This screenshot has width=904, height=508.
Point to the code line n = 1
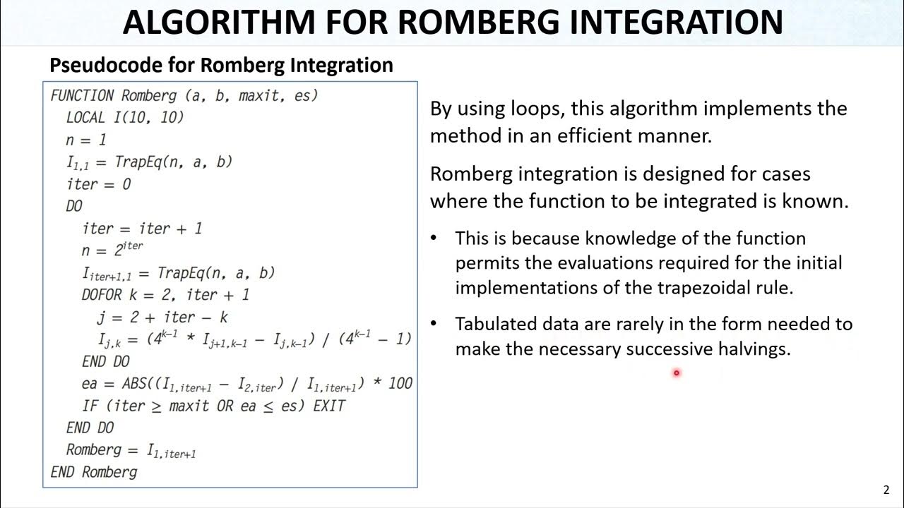[x=86, y=140]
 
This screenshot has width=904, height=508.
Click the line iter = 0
[x=98, y=184]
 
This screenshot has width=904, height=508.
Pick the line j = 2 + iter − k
[x=162, y=317]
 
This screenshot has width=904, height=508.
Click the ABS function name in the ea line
[x=134, y=384]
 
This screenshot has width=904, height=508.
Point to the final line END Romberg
[x=94, y=471]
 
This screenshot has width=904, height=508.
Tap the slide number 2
[x=886, y=490]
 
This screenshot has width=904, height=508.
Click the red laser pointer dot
[x=676, y=373]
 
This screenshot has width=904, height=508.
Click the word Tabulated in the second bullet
[x=496, y=324]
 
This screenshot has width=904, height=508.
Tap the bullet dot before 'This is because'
[x=434, y=238]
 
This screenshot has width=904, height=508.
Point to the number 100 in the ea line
[x=400, y=384]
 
